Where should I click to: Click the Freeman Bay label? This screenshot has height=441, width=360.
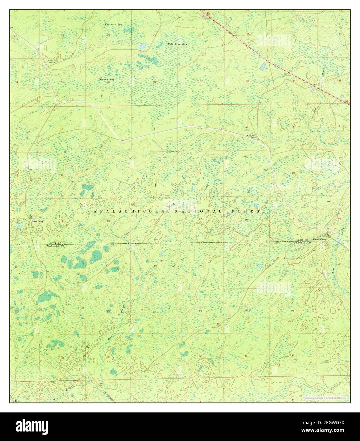click(114, 24)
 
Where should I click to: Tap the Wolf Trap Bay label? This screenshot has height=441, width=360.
click(177, 44)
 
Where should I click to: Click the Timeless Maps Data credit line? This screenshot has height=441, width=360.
click(324, 398)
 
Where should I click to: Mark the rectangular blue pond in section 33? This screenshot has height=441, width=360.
click(263, 67)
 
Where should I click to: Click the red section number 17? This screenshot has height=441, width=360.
click(200, 219)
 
